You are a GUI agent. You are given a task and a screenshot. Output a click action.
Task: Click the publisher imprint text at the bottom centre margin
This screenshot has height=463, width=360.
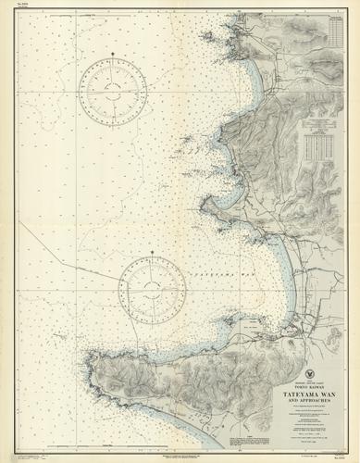point(185,451)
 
